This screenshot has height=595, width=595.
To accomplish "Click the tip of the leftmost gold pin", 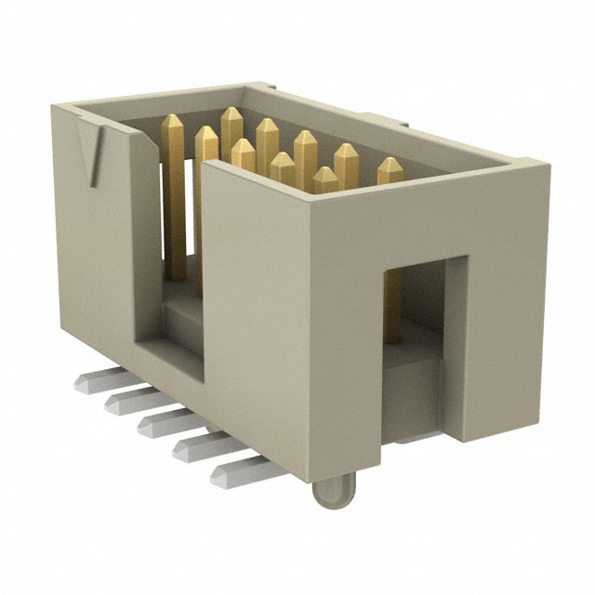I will click(x=173, y=124).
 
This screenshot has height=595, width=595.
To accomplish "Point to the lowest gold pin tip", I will click(x=324, y=174).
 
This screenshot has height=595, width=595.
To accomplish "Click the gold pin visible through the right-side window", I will click(x=394, y=307).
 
